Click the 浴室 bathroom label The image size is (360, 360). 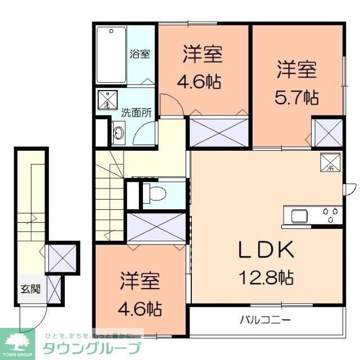point(140,55)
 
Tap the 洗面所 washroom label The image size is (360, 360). point(137,112)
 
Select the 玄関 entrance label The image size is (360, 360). point(31,290)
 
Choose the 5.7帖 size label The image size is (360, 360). point(296,97)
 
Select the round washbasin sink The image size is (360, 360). point(119,133)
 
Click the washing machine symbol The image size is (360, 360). point(106,100)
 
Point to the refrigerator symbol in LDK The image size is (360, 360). point(330,162)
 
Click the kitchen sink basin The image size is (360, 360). point(299,215)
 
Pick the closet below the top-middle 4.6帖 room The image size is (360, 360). point(219,130)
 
